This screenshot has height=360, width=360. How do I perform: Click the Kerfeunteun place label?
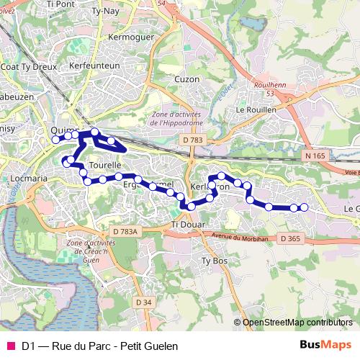point(94,65)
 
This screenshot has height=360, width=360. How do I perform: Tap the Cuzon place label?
point(186,78)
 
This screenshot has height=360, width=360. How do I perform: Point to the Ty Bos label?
point(214,260)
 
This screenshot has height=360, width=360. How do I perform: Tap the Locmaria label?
point(30,177)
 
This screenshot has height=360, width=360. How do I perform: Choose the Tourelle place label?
point(106,165)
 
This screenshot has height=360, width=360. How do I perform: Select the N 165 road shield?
point(315,156)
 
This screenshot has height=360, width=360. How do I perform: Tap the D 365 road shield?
point(290,238)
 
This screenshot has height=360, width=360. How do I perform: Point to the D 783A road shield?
point(125,231)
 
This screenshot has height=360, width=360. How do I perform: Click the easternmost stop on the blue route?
point(304,207)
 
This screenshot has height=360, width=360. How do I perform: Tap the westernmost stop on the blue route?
point(55,140)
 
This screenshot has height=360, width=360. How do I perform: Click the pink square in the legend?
point(10,346)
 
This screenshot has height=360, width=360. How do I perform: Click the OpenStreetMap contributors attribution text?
point(297,323)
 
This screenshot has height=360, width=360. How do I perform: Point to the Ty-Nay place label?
point(107,12)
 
